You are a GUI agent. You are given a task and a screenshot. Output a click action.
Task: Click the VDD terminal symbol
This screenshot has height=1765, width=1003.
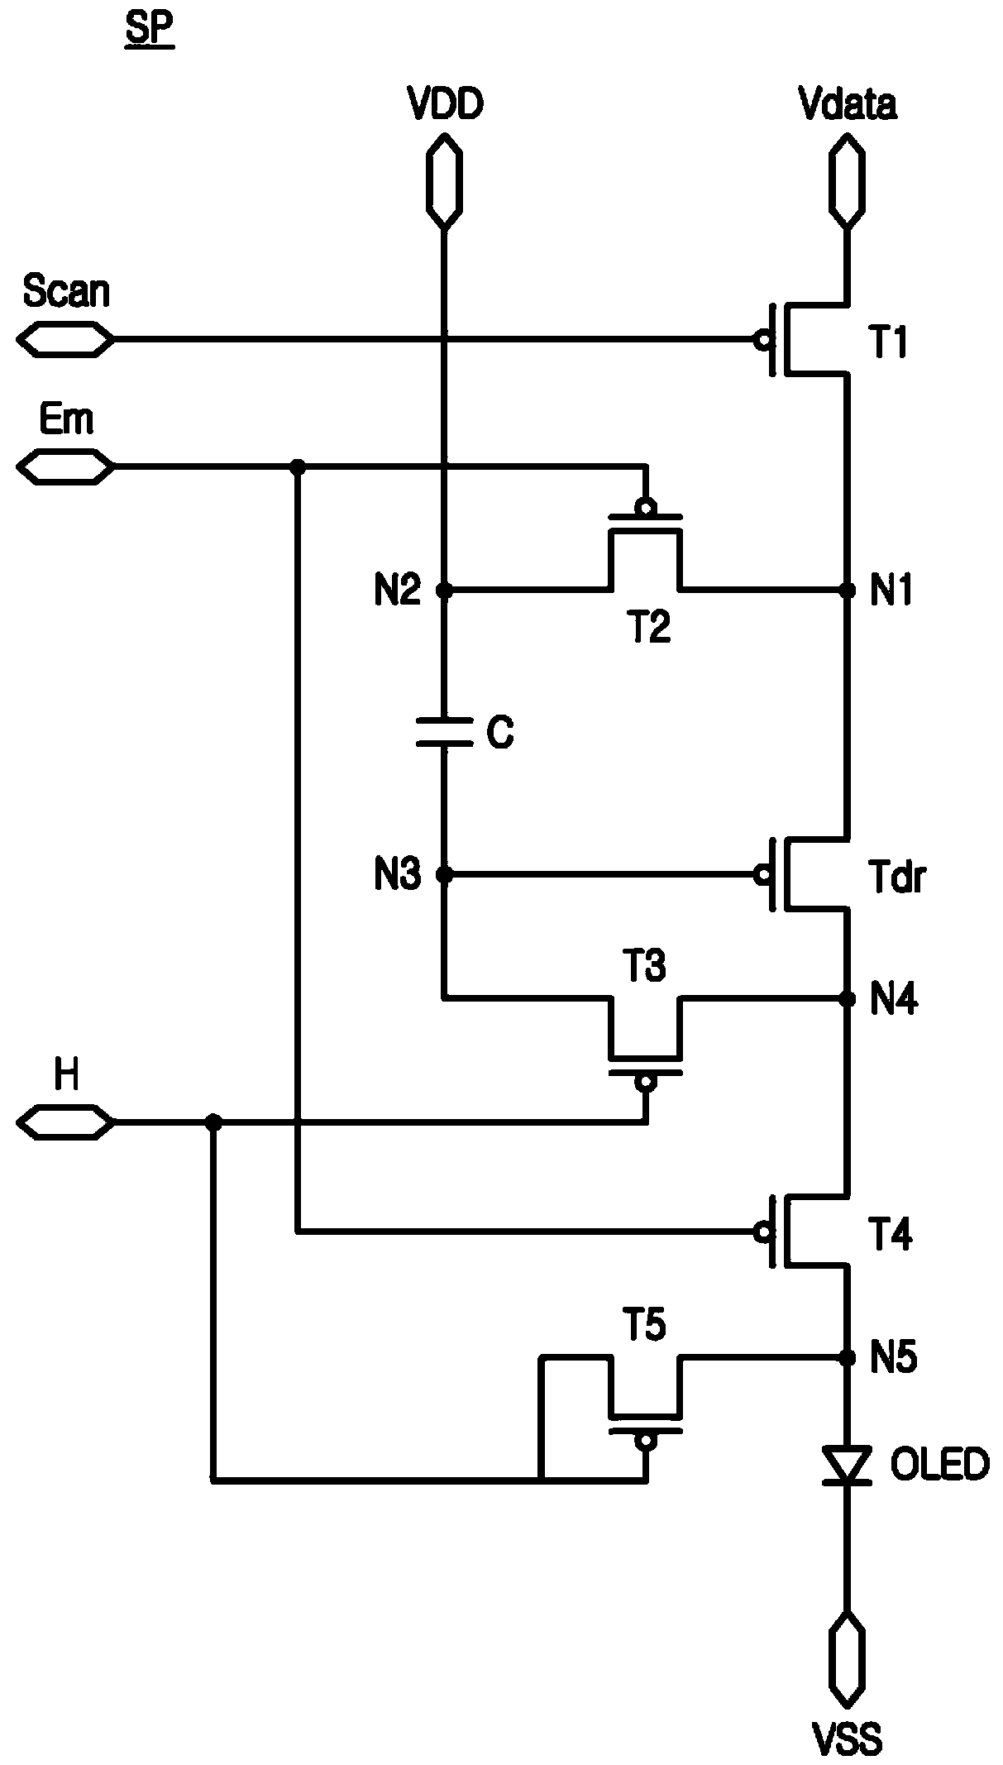click(445, 180)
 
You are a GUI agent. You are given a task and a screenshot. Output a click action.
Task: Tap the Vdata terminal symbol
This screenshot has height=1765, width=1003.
click(847, 180)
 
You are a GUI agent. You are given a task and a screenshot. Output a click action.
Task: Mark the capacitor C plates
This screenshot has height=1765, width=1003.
click(445, 732)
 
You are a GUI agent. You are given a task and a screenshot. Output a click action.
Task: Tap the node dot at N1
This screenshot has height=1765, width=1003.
click(847, 590)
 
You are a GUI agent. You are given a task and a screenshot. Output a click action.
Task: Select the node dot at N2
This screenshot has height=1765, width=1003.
click(445, 590)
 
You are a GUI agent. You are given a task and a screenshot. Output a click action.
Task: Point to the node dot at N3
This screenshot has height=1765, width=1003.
click(445, 873)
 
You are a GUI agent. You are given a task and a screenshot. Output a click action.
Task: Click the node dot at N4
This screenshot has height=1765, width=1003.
click(847, 1000)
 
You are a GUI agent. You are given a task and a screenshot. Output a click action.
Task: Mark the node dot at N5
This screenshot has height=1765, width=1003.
click(847, 1357)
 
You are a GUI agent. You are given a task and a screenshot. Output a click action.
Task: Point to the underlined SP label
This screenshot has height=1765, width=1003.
click(150, 33)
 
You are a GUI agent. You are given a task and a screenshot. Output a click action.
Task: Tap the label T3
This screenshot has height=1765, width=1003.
click(645, 965)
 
